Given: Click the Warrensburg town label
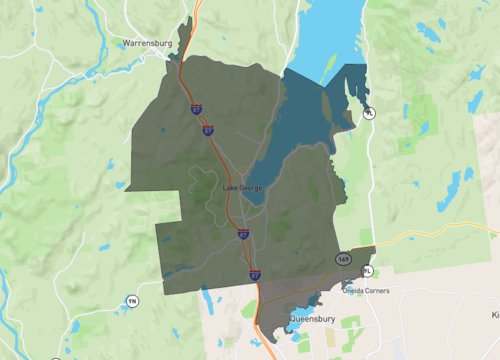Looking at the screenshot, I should click(x=147, y=44).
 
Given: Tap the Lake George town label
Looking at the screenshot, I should click(x=243, y=188).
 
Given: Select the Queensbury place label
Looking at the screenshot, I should click(x=310, y=319).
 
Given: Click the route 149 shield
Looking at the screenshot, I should click(x=344, y=258).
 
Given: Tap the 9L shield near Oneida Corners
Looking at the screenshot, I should click(x=367, y=271).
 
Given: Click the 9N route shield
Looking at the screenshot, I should click(x=132, y=301).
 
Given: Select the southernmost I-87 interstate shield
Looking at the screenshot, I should click(x=255, y=272).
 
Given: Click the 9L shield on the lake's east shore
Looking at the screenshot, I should click(x=369, y=113).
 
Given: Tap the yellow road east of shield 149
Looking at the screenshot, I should click(x=430, y=237).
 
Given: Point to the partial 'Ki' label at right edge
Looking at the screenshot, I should click(x=494, y=314).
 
